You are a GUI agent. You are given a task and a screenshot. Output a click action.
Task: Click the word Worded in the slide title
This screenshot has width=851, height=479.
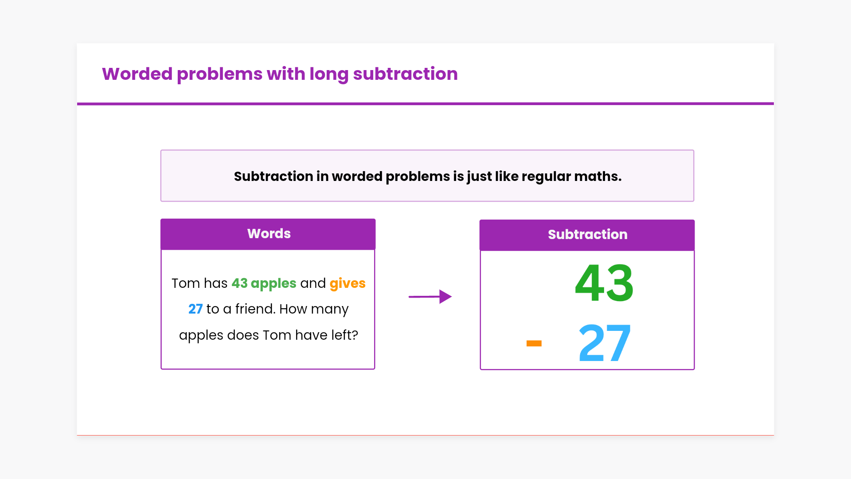pyautogui.click(x=137, y=74)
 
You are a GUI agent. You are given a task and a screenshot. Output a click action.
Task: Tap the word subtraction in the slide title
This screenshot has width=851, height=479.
pyautogui.click(x=405, y=74)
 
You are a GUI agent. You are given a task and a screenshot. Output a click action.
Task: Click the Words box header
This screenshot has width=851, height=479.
pyautogui.click(x=268, y=234)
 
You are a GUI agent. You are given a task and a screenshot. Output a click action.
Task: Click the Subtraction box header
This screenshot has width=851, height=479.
pyautogui.click(x=587, y=235)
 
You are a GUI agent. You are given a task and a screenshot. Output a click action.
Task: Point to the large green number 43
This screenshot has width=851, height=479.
pyautogui.click(x=604, y=283)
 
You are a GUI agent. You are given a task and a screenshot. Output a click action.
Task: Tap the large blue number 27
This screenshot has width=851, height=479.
pyautogui.click(x=605, y=342)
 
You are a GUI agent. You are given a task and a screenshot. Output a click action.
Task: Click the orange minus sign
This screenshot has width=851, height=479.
pyautogui.click(x=534, y=343)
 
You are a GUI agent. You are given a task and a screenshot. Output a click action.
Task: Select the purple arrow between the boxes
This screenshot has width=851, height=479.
pyautogui.click(x=430, y=296)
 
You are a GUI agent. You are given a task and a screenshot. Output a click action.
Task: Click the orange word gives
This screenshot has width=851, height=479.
pyautogui.click(x=347, y=284)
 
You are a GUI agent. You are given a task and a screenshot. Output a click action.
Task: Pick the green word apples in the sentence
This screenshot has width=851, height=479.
pyautogui.click(x=273, y=284)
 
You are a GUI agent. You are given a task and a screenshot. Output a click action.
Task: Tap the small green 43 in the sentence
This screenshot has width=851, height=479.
pyautogui.click(x=239, y=283)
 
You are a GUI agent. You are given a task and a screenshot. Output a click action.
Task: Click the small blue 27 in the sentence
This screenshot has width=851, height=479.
pyautogui.click(x=195, y=309)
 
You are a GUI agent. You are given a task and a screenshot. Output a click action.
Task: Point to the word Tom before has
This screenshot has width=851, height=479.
pyautogui.click(x=186, y=283)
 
